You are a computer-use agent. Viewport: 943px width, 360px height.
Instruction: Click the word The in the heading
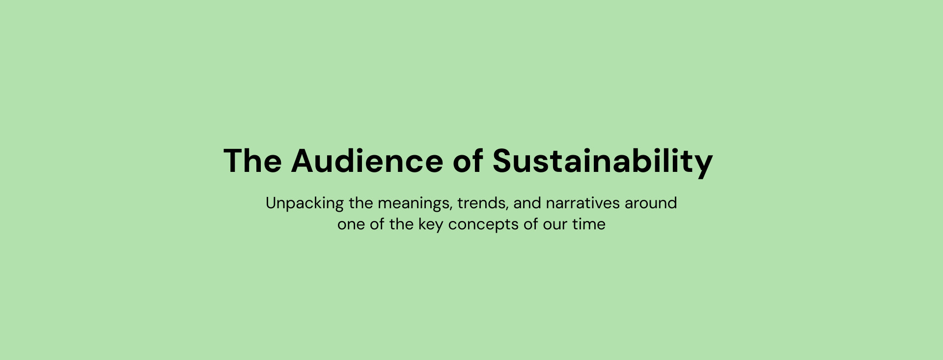pyautogui.click(x=252, y=161)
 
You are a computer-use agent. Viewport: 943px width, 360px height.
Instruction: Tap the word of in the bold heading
pyautogui.click(x=468, y=160)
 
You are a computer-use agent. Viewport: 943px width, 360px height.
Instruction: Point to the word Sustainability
pyautogui.click(x=602, y=162)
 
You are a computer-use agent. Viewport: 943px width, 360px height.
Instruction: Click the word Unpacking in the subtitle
pyautogui.click(x=305, y=203)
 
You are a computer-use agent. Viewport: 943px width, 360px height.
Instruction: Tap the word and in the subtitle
pyautogui.click(x=527, y=203)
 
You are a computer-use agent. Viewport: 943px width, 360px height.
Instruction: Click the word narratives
pyautogui.click(x=583, y=203)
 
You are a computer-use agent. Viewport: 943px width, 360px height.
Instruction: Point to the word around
pyautogui.click(x=651, y=203)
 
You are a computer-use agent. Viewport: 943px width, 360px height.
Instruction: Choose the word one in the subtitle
pyautogui.click(x=351, y=225)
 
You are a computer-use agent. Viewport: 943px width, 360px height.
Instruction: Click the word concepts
pyautogui.click(x=483, y=225)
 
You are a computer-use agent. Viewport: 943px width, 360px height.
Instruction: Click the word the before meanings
pyautogui.click(x=361, y=203)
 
